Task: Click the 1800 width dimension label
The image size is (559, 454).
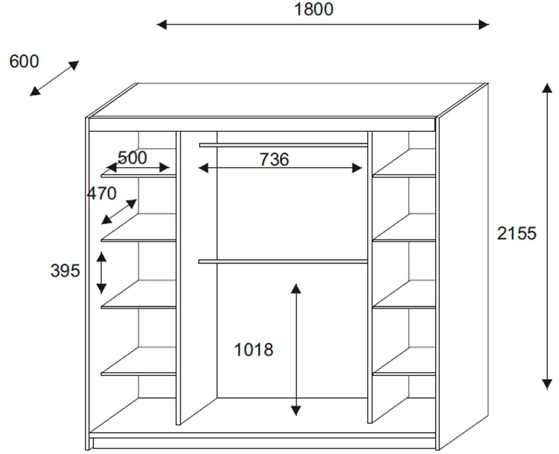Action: (313, 9)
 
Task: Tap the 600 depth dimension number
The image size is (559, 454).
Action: (24, 62)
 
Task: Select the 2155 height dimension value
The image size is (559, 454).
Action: (517, 233)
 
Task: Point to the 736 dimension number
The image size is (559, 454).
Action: (274, 159)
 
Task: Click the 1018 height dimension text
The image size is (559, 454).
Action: (254, 350)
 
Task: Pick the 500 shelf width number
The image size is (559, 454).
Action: (132, 158)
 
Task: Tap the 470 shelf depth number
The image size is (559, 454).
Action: (102, 193)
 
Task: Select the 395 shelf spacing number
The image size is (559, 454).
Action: (65, 270)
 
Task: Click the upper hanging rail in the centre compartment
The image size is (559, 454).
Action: (283, 145)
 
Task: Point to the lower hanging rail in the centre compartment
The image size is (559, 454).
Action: (283, 261)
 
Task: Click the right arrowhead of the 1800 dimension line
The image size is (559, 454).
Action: (484, 24)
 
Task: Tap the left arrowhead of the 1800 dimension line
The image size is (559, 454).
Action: (162, 24)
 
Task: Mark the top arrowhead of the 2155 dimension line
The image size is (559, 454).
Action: (547, 88)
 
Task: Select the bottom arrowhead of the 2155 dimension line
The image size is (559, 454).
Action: (547, 384)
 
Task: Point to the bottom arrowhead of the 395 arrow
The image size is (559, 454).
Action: (101, 289)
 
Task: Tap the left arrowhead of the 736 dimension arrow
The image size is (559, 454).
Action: (203, 168)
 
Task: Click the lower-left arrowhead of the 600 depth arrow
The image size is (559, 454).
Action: (35, 92)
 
